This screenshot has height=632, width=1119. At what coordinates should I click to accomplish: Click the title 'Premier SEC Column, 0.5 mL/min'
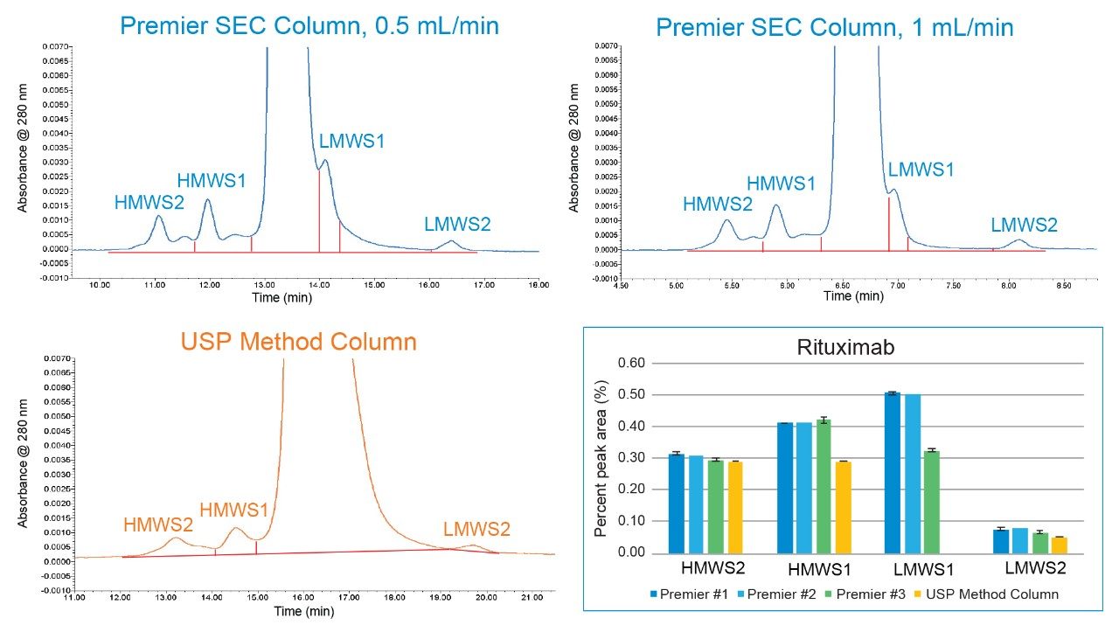coord(309,25)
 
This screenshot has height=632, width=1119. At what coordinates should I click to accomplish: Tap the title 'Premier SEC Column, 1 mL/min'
coord(835,27)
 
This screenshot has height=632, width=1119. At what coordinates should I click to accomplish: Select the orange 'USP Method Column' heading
coord(298,342)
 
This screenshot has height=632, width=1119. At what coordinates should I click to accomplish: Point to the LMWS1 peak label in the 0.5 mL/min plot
coord(351,140)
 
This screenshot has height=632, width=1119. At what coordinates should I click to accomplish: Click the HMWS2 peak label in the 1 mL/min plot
coord(717,205)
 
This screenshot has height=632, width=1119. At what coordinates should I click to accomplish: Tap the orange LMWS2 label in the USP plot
coord(476,529)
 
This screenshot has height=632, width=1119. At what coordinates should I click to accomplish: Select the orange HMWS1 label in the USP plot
coord(234,510)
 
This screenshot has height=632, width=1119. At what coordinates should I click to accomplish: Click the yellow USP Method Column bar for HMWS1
coord(844,507)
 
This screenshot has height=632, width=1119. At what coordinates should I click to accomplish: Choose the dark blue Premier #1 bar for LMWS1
coord(893,473)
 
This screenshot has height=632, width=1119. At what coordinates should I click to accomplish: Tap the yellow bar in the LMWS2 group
coord(1059,545)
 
